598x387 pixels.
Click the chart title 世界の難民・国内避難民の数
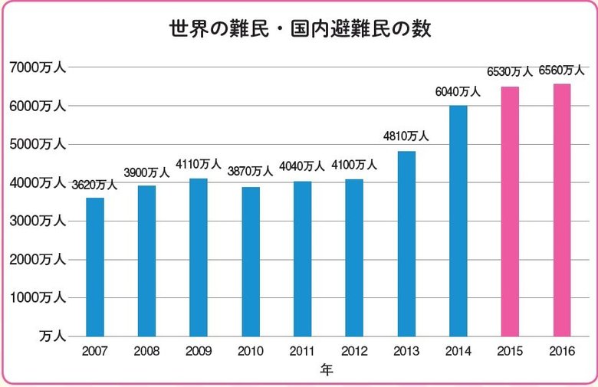pyautogui.click(x=300, y=30)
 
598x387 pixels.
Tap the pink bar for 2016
pyautogui.click(x=562, y=210)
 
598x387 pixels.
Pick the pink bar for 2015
pyautogui.click(x=510, y=212)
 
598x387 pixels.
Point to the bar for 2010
pyautogui.click(x=250, y=261)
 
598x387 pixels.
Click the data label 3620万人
pyautogui.click(x=95, y=185)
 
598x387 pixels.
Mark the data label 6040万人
pyautogui.click(x=458, y=92)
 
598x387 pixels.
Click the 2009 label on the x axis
pyautogui.click(x=199, y=351)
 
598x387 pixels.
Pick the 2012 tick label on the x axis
pyautogui.click(x=354, y=351)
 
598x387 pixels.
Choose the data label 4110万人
pyautogui.click(x=199, y=164)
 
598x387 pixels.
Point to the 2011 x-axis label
pyautogui.click(x=302, y=351)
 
